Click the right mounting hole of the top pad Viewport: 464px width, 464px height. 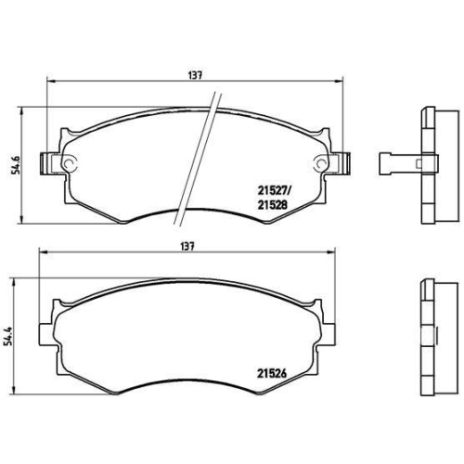pyautogui.click(x=321, y=165)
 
